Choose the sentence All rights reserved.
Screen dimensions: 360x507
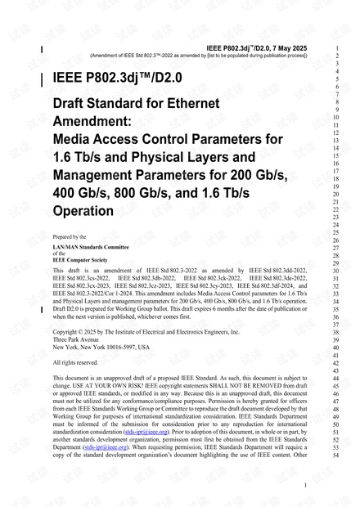pos(74,362)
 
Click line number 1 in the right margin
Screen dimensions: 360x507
pos(337,47)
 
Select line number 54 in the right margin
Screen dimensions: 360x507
pos(335,455)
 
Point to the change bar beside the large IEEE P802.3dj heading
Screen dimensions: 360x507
pos(43,79)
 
